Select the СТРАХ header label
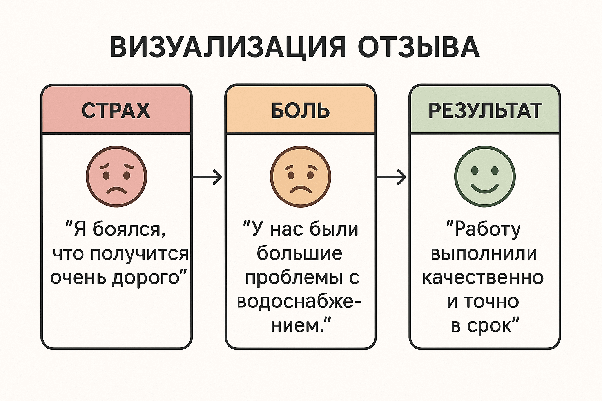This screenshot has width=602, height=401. tap(116, 111)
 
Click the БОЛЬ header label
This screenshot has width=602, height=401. tap(301, 111)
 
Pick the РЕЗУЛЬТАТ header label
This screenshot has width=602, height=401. tap(485, 111)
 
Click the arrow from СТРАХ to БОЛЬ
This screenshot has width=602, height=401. tap(208, 177)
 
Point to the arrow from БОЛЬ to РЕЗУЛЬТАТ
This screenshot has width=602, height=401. tap(392, 177)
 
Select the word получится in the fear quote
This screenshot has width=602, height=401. tap(140, 254)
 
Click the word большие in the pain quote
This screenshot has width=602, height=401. tap(300, 254)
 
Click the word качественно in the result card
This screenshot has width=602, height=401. tap(483, 278)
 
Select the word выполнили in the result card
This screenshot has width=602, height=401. tap(484, 254)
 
